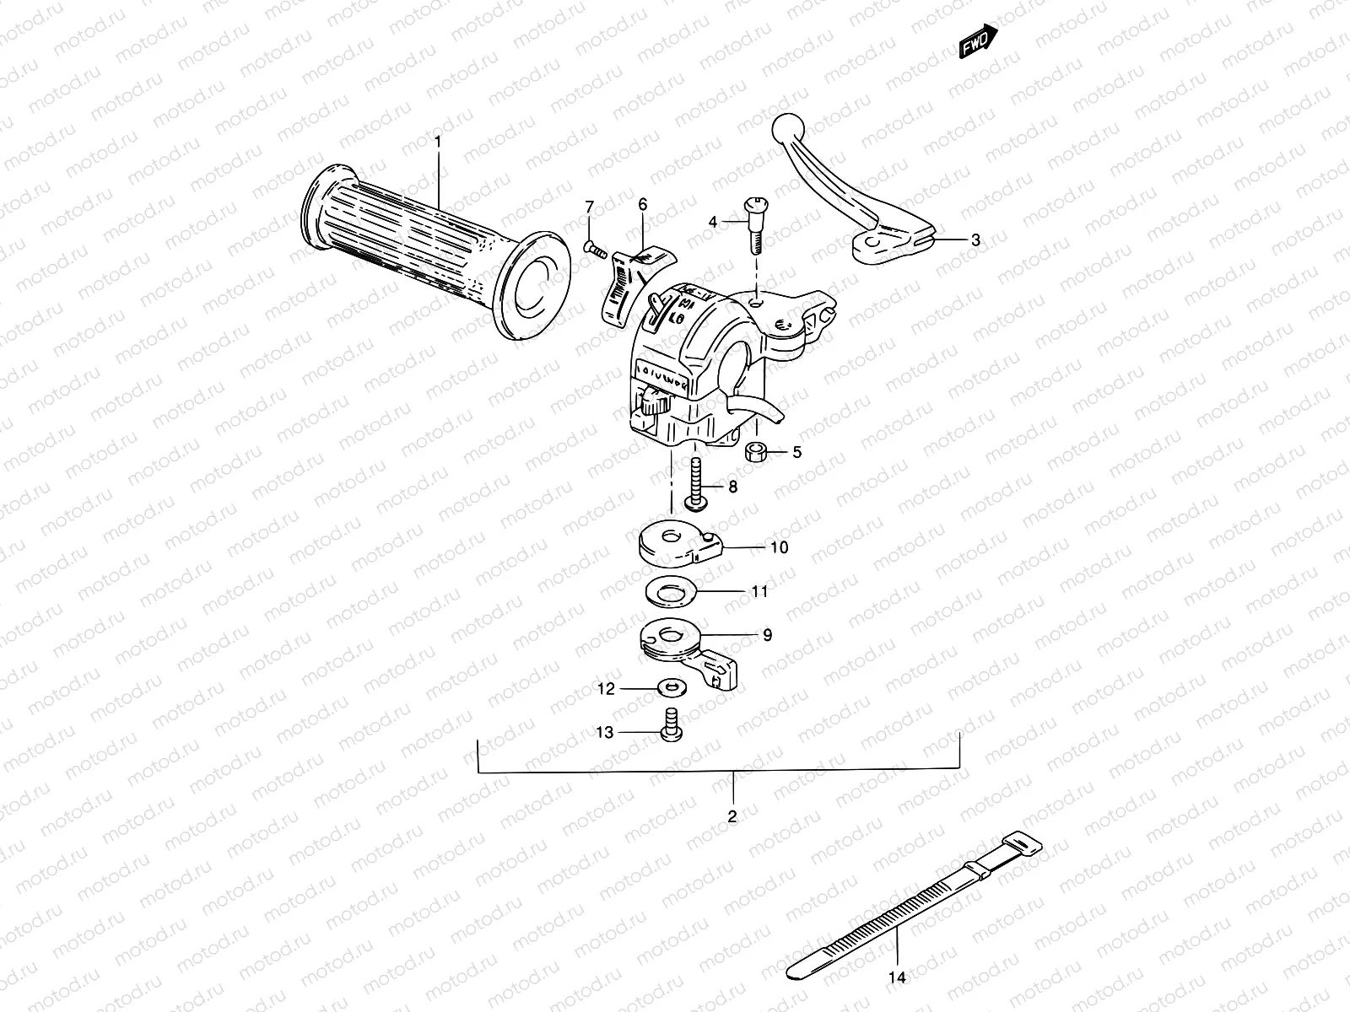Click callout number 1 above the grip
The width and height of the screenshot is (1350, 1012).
pyautogui.click(x=438, y=142)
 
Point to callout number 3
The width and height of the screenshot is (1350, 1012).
pyautogui.click(x=975, y=240)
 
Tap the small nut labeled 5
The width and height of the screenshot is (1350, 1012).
pyautogui.click(x=755, y=452)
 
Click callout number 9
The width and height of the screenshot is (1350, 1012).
pyautogui.click(x=767, y=635)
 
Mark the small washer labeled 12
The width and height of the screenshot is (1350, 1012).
pyautogui.click(x=672, y=690)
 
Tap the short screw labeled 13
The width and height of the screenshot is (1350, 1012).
pyautogui.click(x=672, y=728)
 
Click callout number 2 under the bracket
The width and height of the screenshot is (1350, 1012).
pyautogui.click(x=732, y=816)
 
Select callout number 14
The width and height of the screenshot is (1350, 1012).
pyautogui.click(x=896, y=977)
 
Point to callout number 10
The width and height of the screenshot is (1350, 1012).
pyautogui.click(x=779, y=547)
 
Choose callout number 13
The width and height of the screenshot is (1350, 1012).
pyautogui.click(x=605, y=733)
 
